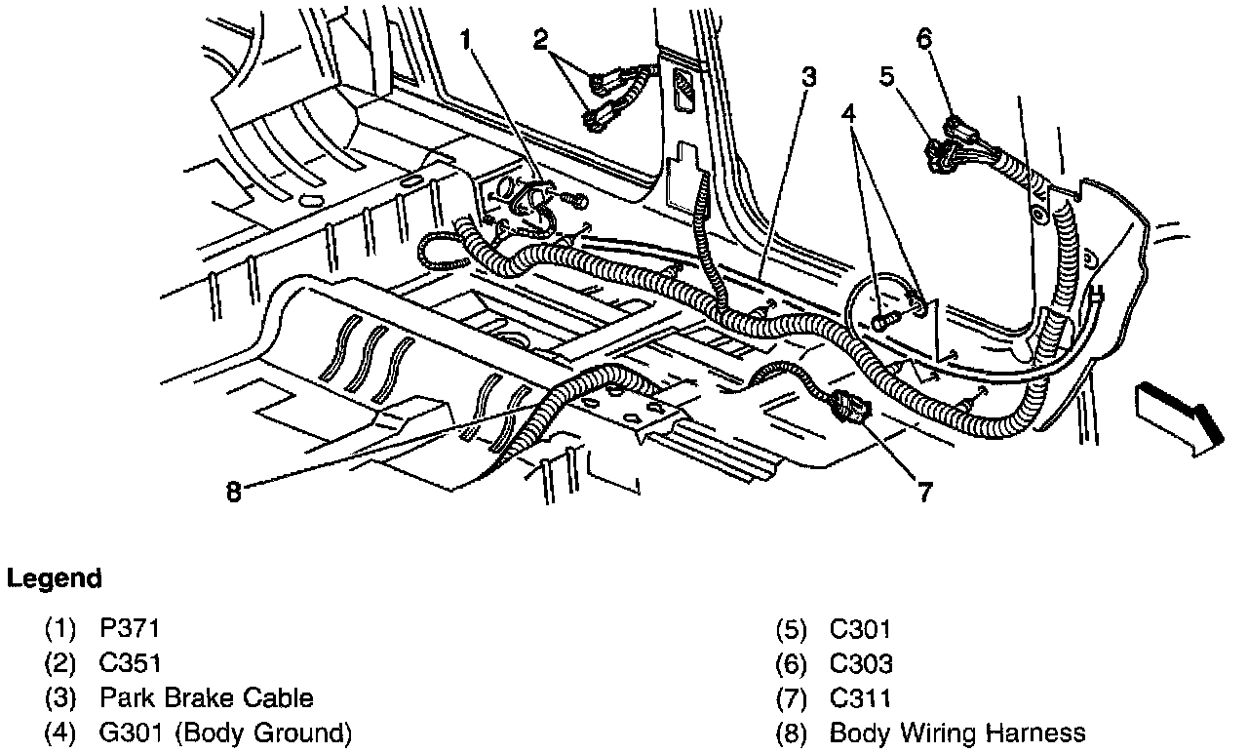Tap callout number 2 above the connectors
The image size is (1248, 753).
point(541,40)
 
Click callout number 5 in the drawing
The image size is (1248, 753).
point(886,76)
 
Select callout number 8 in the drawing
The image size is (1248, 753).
point(232,491)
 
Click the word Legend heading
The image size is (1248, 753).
point(55,578)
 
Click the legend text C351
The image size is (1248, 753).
point(130,663)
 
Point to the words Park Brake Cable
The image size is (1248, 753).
point(206,697)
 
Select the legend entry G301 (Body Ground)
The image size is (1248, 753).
point(225,732)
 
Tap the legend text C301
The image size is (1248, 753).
point(860,629)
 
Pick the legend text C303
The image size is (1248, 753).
point(861,663)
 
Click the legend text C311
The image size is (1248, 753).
point(860,697)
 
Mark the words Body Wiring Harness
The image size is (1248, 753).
point(956,732)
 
